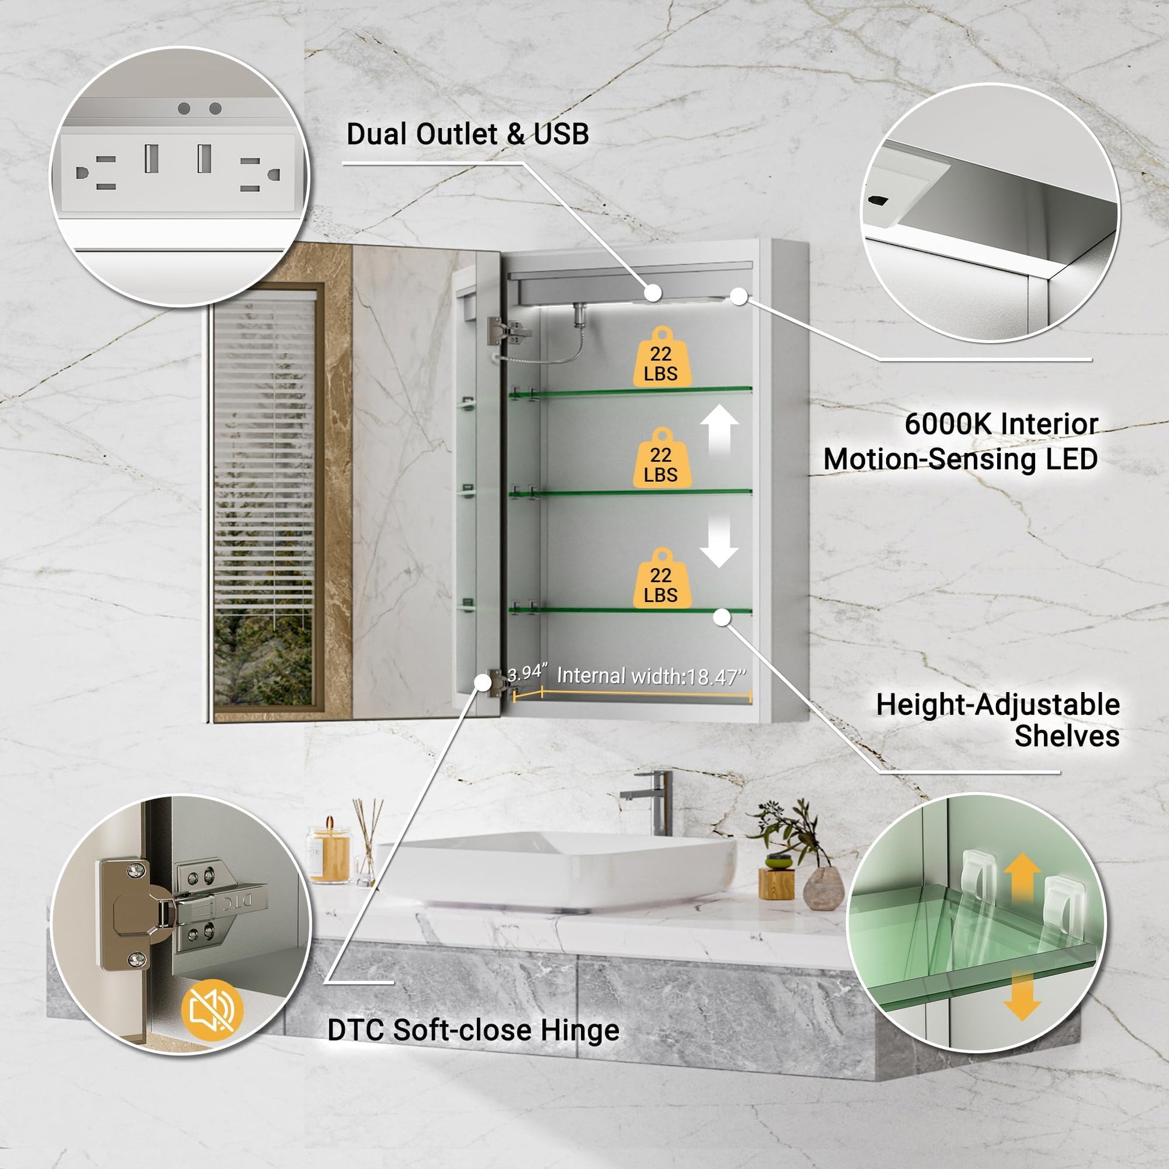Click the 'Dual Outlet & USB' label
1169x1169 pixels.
click(x=468, y=135)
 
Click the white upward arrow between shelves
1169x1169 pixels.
click(x=720, y=431)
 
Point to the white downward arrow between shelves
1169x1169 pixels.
click(x=719, y=541)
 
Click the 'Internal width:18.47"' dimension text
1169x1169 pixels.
click(x=652, y=676)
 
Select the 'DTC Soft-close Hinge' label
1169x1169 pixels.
click(x=473, y=1030)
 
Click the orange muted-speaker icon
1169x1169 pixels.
click(x=213, y=1009)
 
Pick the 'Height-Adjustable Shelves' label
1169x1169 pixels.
click(x=998, y=720)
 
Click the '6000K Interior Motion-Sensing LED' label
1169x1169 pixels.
click(x=961, y=441)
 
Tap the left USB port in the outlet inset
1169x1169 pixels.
click(x=151, y=158)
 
